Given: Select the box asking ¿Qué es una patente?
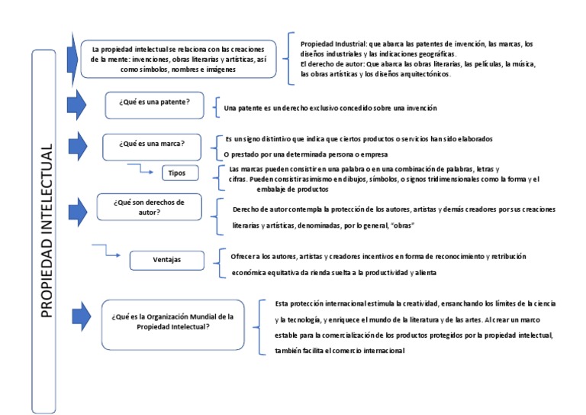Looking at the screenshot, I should point(154,103).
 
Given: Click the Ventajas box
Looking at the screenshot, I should point(166,260).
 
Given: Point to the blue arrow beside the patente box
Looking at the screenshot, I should point(77,105).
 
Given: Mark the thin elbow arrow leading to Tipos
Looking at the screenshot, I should point(140,167).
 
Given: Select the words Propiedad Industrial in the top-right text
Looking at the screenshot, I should point(333,44).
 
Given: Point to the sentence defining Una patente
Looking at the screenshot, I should point(330,109).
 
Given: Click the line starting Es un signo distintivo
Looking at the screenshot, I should point(359,139).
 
